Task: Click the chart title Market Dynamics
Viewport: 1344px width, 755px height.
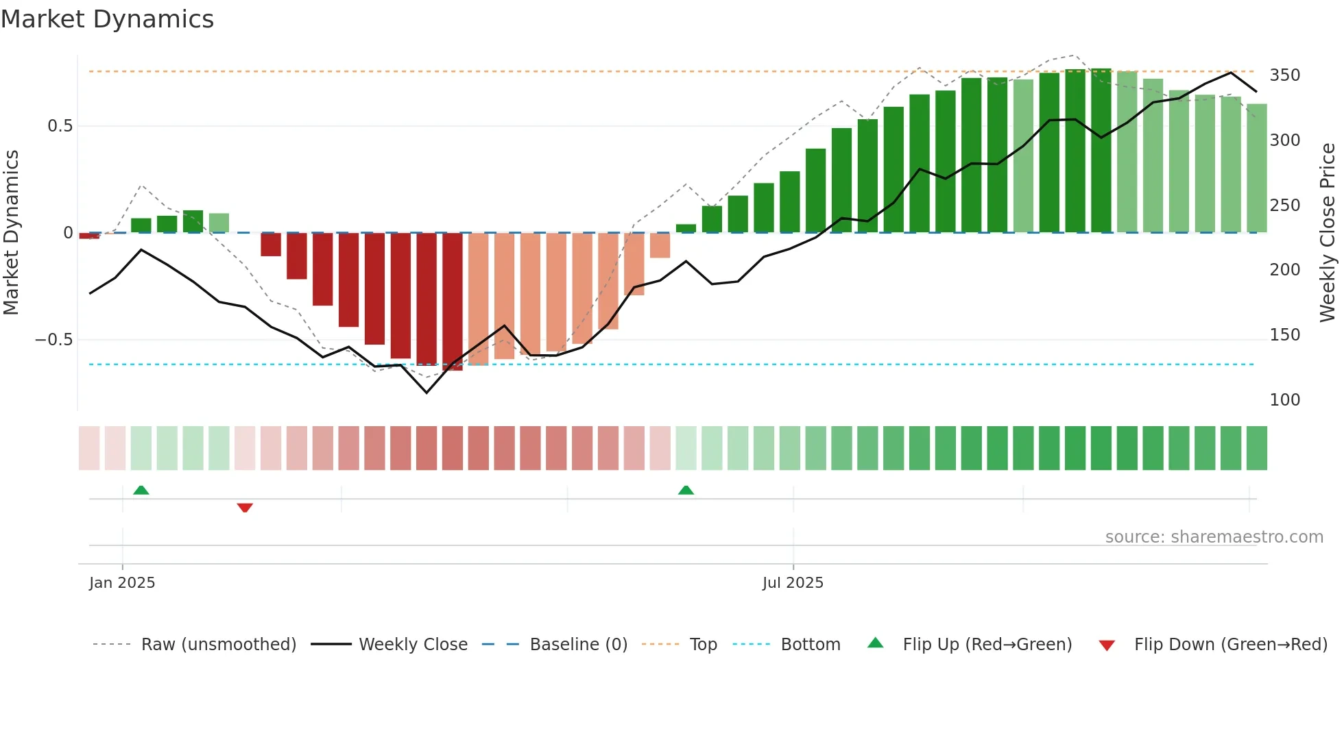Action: (x=107, y=19)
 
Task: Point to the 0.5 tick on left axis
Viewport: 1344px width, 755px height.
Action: (x=60, y=126)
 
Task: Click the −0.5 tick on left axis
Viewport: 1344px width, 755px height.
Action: (x=54, y=340)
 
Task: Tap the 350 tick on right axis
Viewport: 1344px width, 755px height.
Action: (x=1284, y=75)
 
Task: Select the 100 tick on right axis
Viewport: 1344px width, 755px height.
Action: (x=1284, y=400)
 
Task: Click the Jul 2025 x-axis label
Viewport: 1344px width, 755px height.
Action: (x=793, y=583)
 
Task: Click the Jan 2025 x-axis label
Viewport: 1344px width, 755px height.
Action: (x=122, y=583)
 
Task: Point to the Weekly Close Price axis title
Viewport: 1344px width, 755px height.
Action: (x=1328, y=233)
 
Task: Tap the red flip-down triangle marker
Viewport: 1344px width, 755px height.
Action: (x=245, y=508)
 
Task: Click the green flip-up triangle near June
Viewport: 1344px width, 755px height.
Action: (x=686, y=490)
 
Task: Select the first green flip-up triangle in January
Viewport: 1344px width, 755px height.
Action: (x=141, y=490)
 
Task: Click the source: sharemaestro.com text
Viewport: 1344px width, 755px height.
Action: (x=1214, y=537)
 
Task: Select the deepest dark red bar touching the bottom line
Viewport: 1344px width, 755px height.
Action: (x=453, y=301)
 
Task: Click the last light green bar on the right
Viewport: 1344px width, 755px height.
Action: (x=1256, y=168)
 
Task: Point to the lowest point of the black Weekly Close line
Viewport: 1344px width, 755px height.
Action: (x=427, y=393)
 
